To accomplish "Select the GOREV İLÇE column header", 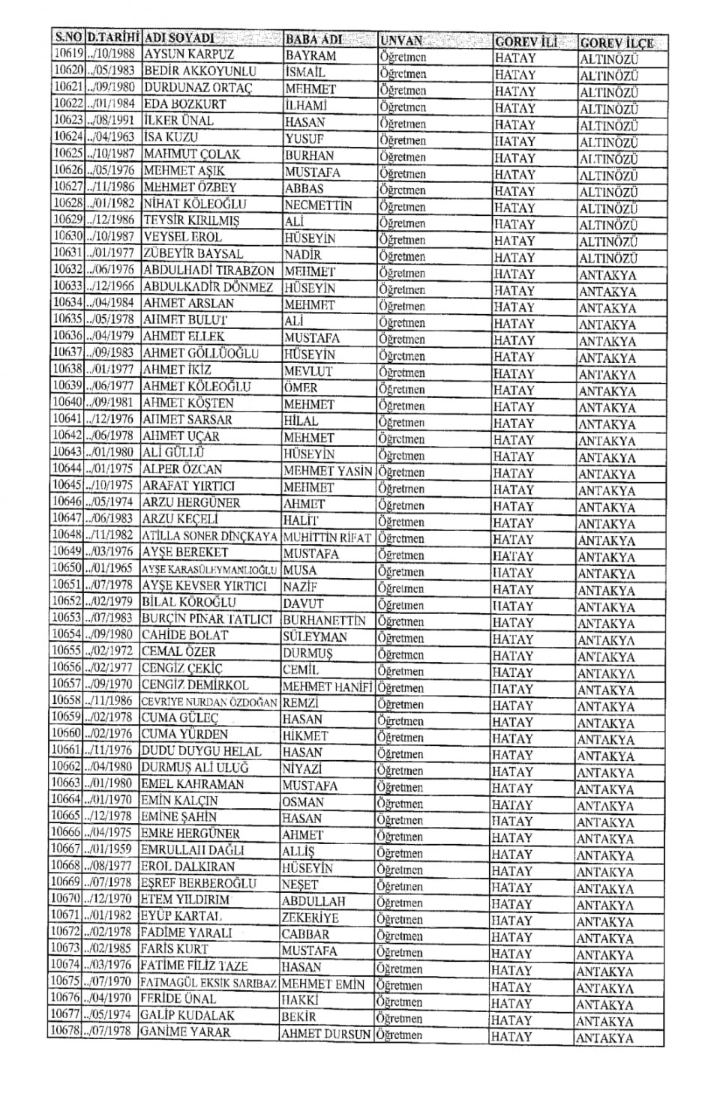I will tap(616, 43).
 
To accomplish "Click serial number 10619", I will tap(67, 54).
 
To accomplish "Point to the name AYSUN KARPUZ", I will tap(189, 55).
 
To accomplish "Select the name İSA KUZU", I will tap(171, 137).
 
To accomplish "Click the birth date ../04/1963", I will tap(111, 137).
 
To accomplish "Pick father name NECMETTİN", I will tap(318, 205).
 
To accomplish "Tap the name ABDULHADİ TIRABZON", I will tap(208, 271).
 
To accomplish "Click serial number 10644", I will tap(67, 469).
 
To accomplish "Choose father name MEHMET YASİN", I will tap(328, 472).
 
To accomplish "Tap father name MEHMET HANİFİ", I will tap(327, 687).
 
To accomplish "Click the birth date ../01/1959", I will tap(109, 849).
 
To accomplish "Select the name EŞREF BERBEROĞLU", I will tap(199, 883).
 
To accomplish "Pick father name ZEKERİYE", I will tap(310, 918).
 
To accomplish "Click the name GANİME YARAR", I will tap(186, 1032).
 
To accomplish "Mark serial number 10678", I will tap(65, 1032).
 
